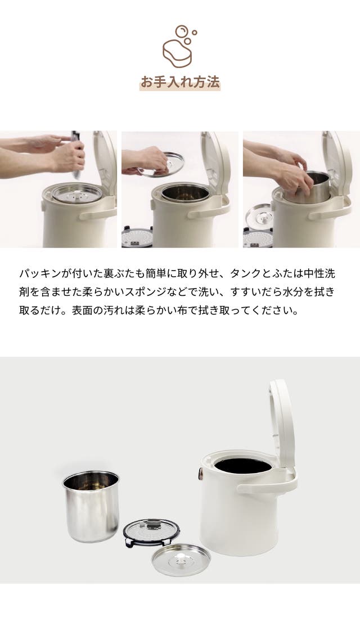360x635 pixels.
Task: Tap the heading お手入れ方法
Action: [180, 82]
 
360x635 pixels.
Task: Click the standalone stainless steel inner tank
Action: [91, 506]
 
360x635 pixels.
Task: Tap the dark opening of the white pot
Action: [243, 465]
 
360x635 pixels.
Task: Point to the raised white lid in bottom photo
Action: [282, 421]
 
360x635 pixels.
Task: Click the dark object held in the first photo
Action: [76, 154]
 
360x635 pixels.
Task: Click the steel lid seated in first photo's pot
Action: [77, 193]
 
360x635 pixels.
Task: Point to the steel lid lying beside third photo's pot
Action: [259, 217]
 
